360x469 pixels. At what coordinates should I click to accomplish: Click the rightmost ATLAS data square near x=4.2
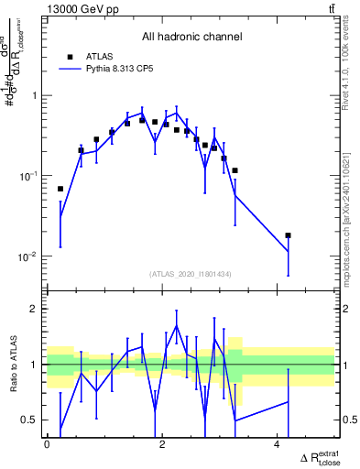(x=288, y=235)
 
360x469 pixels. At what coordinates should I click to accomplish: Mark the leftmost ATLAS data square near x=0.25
(x=60, y=189)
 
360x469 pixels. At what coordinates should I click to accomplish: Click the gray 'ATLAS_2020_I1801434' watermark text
(x=191, y=274)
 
